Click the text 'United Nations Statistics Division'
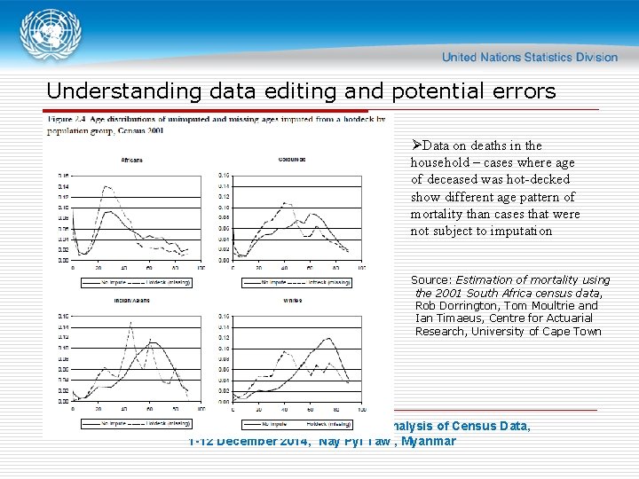click(530, 57)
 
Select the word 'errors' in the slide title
click(522, 91)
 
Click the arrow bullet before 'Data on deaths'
click(416, 145)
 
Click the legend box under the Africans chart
click(137, 282)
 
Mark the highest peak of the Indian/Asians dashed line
click(130, 323)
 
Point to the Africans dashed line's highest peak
click(108, 186)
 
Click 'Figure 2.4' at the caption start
click(71, 118)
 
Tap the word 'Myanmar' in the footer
click(428, 441)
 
